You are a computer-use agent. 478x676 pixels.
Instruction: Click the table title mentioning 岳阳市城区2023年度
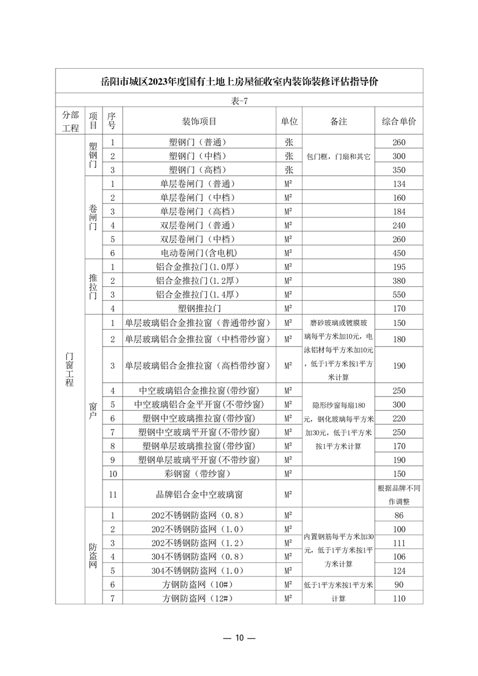point(239,81)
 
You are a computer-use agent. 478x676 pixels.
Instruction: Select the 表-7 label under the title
point(239,101)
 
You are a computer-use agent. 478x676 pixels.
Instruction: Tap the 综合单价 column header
point(398,121)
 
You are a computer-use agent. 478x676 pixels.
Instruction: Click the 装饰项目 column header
point(198,121)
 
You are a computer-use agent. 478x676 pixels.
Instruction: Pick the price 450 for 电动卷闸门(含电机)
point(398,253)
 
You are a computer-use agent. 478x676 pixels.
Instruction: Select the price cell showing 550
point(398,295)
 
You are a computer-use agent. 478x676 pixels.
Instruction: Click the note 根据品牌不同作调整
point(398,494)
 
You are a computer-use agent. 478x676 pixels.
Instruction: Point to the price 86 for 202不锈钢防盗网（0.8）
point(398,516)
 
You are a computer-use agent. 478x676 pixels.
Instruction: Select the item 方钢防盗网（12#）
point(198,598)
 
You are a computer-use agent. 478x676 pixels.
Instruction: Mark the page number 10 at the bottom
point(239,638)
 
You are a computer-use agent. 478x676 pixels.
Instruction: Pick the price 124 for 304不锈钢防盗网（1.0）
point(398,570)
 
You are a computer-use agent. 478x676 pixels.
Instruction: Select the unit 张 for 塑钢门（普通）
point(289,142)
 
